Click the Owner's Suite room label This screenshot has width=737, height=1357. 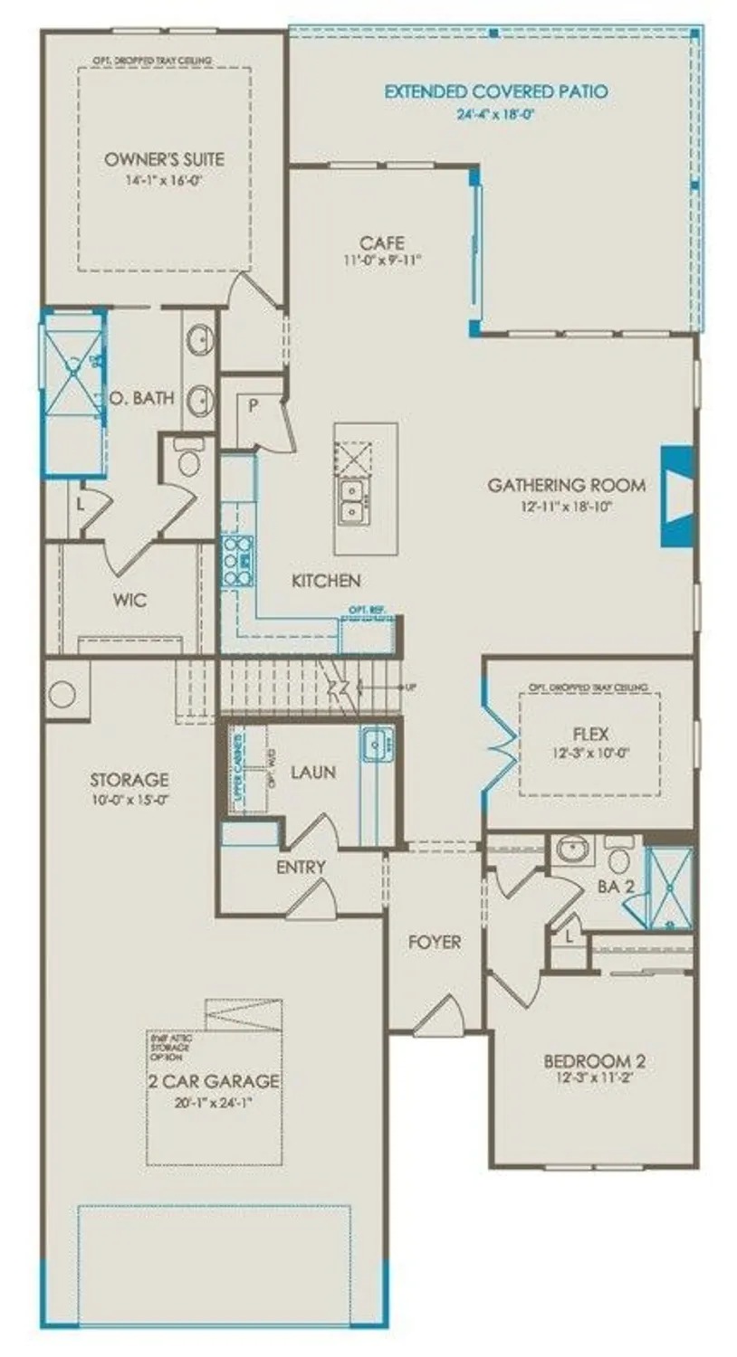(164, 159)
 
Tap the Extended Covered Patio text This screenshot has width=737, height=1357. (495, 91)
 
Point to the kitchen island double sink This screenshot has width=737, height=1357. (351, 501)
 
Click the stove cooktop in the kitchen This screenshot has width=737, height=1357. (237, 561)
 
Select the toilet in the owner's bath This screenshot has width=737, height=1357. (190, 460)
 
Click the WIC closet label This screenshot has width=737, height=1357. (130, 600)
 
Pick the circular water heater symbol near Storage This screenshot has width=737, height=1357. (62, 695)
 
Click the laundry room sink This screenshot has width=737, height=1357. (378, 745)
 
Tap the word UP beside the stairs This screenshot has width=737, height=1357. (411, 688)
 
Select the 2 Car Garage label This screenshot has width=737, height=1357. (214, 1081)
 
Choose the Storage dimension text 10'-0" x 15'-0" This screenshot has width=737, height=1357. (129, 799)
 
